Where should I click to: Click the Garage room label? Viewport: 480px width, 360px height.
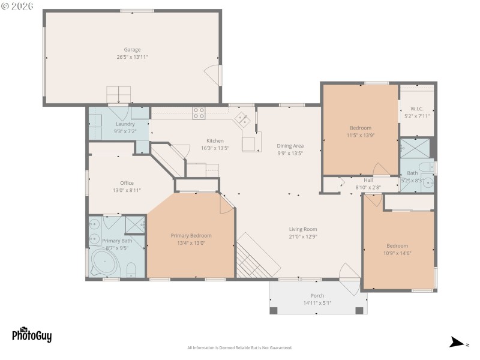132,50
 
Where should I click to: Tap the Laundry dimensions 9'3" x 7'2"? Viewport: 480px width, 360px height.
125,131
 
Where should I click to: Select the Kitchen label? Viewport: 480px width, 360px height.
215,141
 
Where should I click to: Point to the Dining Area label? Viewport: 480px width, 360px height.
290,146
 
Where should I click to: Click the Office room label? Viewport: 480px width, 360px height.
127,183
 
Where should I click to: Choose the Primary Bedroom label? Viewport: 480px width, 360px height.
191,236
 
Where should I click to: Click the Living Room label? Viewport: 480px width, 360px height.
302,229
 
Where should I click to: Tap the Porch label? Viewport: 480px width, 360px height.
317,296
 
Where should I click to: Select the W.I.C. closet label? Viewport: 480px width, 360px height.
417,109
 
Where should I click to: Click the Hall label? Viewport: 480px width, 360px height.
368,180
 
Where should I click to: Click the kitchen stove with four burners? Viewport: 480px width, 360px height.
199,112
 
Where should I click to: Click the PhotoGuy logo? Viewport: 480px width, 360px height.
32,335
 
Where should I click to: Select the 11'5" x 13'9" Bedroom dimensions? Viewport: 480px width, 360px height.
361,136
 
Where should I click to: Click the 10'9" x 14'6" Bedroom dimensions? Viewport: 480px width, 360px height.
397,253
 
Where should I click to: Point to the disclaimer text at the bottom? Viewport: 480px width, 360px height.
239,348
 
